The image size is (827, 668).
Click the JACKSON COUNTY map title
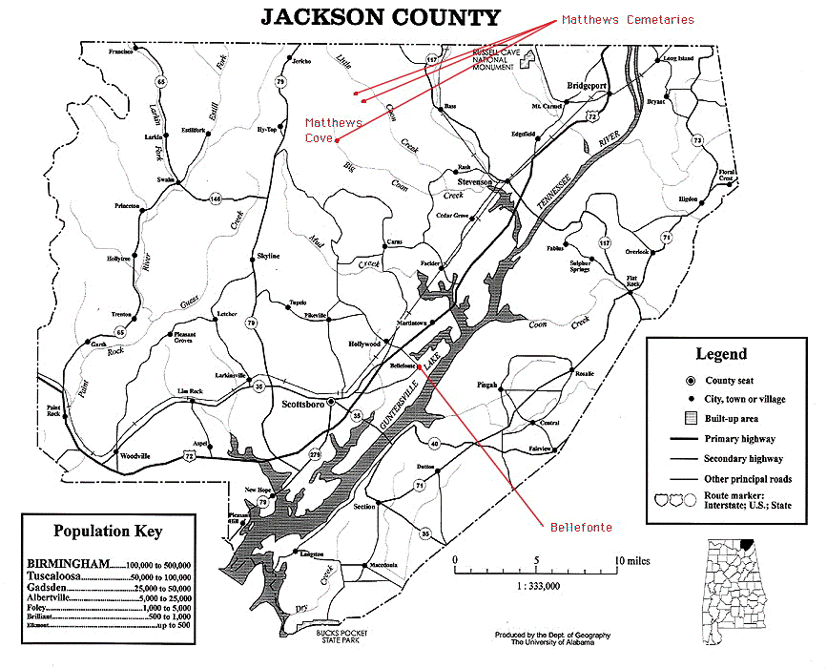coord(380,17)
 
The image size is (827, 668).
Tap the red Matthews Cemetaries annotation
coord(627,19)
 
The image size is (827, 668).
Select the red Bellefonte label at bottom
coord(580,527)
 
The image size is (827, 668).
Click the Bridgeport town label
coord(587,85)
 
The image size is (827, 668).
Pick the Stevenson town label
coord(474,181)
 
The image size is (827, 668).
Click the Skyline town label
coord(268,257)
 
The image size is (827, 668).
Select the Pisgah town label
coord(486,385)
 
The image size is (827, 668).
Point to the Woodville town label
coord(134,456)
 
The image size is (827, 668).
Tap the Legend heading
coord(720,354)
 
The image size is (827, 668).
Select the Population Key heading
coord(108,532)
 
